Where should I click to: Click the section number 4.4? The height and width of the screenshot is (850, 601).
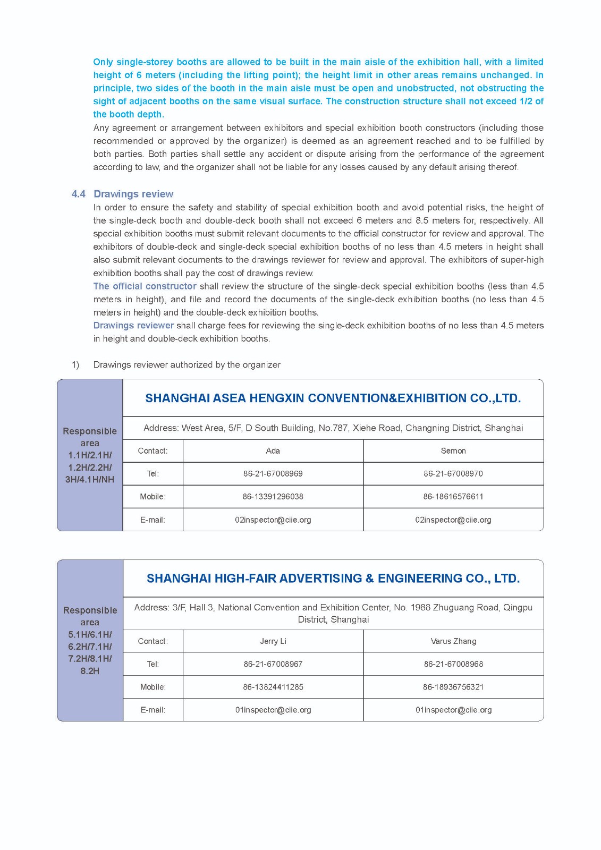coord(78,194)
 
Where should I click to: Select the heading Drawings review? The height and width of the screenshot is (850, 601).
coord(133,194)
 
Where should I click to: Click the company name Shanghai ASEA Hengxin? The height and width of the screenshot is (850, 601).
coord(333,398)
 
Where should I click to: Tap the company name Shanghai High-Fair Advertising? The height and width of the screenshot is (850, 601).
coord(333,578)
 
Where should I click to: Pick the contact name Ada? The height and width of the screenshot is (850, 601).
coord(273,450)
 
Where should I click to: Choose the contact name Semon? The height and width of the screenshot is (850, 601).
coord(453,450)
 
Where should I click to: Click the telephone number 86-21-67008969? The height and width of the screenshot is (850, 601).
coord(273,473)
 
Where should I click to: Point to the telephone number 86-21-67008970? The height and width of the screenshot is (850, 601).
coord(453,473)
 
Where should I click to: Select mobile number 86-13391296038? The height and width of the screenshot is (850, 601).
coord(273,496)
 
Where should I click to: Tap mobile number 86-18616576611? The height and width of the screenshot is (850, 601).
coord(453,496)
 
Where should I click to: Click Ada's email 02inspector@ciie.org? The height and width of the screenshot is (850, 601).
coord(273,520)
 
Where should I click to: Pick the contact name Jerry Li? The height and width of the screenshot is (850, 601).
coord(273,641)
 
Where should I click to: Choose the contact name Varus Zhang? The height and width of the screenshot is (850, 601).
coord(453,641)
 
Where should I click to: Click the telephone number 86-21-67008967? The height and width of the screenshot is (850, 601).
coord(273,664)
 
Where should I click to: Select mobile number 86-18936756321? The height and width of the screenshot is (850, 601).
coord(453,687)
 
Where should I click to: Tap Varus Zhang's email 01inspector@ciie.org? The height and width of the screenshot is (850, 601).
coord(453,710)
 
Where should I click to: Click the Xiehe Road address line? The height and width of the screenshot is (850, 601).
coord(333,428)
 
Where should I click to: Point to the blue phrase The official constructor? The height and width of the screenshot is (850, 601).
coord(145,286)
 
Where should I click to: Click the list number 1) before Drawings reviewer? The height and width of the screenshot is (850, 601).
coord(75,364)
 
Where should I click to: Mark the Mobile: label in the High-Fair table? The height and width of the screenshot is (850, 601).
coord(153,687)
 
